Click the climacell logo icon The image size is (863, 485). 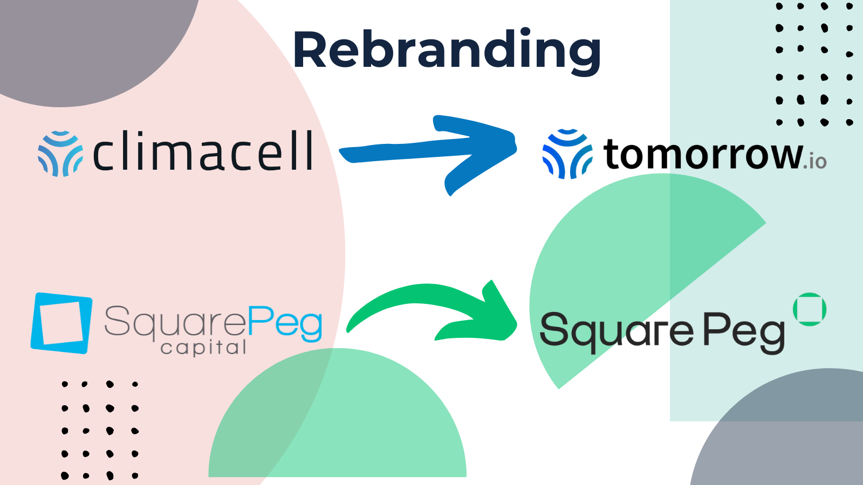click(x=60, y=154)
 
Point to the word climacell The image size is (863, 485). click(x=203, y=150)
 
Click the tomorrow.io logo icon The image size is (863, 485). click(x=567, y=154)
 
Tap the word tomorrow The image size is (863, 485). click(x=703, y=155)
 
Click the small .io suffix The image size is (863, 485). click(x=815, y=161)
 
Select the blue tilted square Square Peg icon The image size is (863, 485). click(x=61, y=323)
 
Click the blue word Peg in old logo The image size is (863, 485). click(x=285, y=323)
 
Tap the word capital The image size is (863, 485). click(x=203, y=348)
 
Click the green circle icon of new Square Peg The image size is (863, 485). click(x=810, y=309)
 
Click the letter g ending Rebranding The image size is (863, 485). click(x=584, y=57)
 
